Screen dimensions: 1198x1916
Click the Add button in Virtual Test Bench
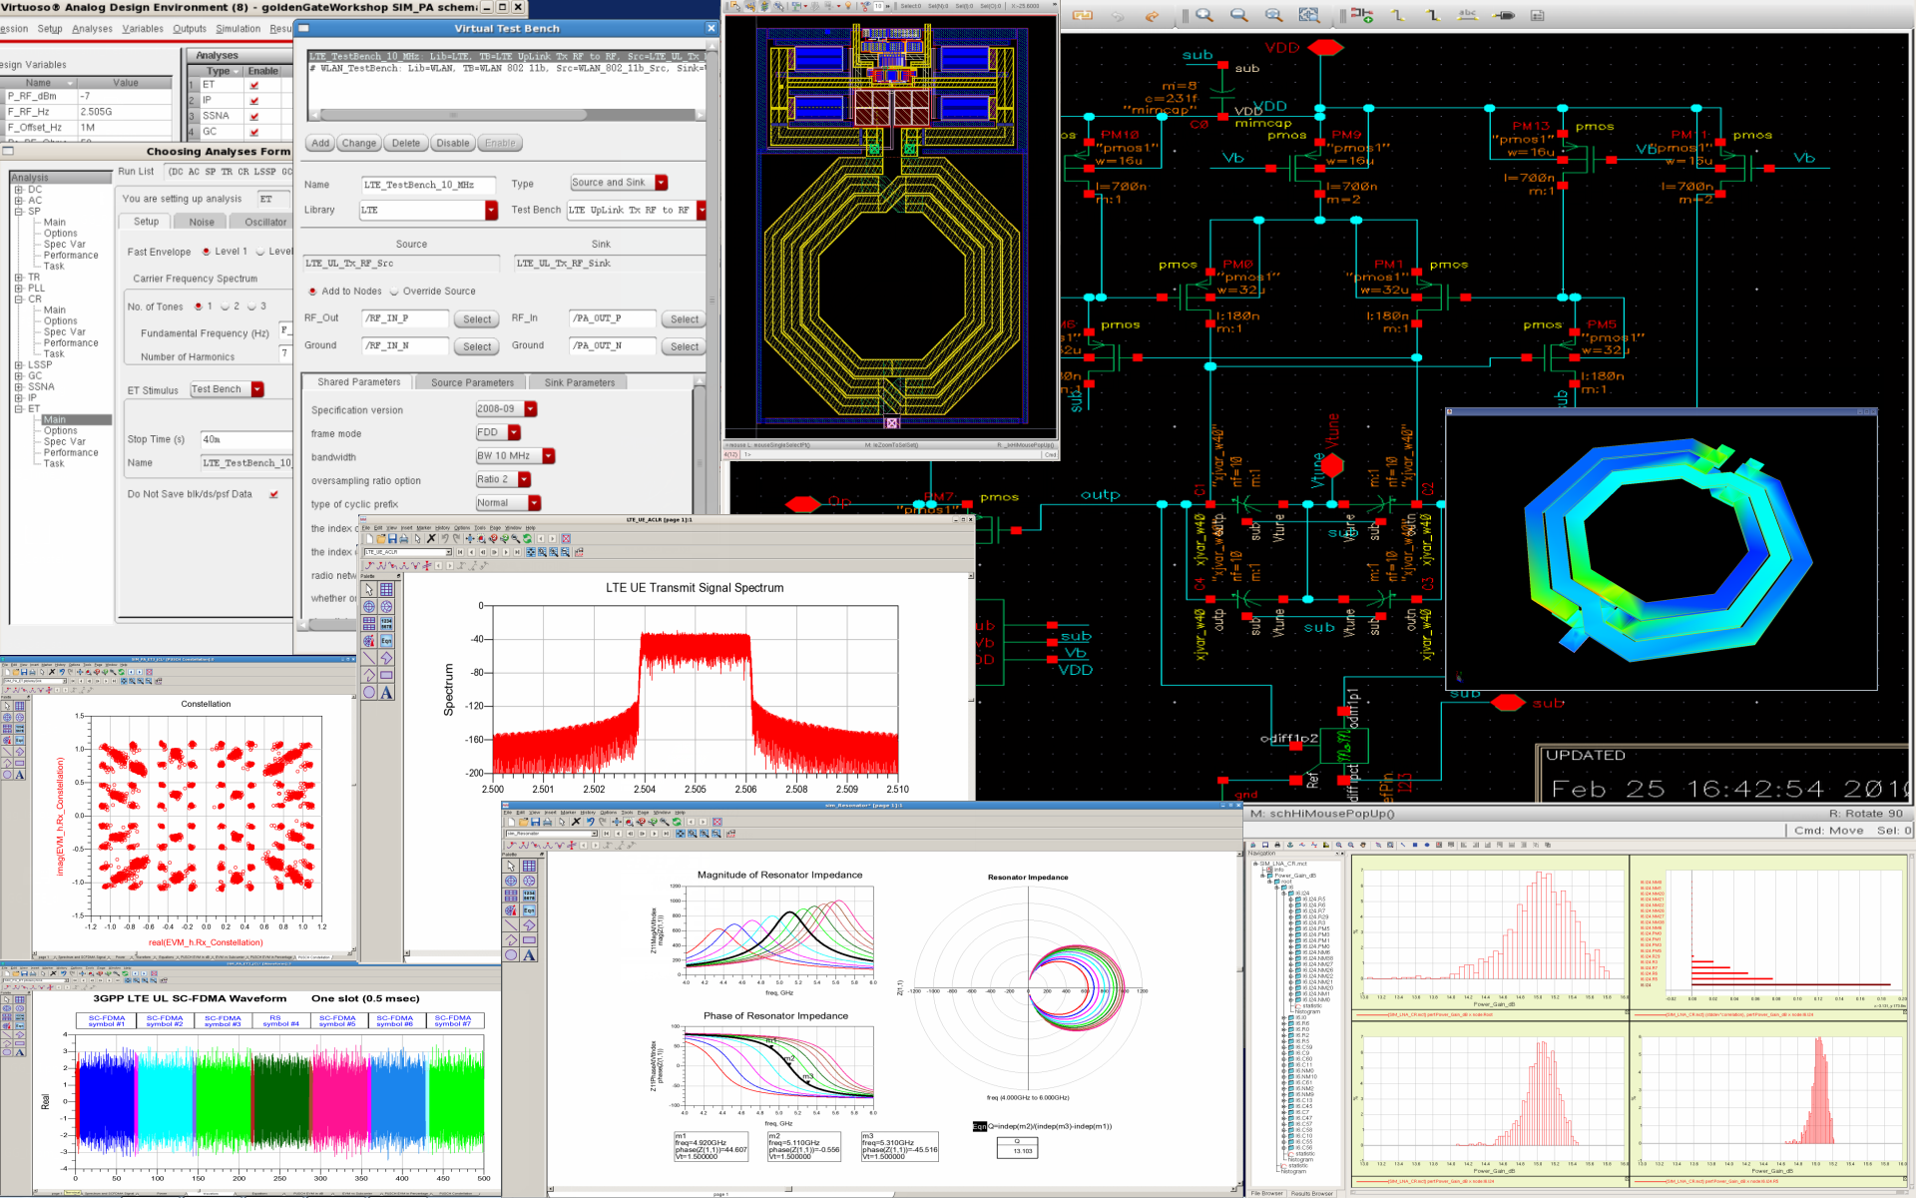pyautogui.click(x=319, y=143)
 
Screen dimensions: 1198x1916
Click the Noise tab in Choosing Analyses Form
pyautogui.click(x=202, y=222)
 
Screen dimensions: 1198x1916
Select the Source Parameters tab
pyautogui.click(x=472, y=382)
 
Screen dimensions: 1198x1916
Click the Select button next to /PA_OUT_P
pyautogui.click(x=684, y=319)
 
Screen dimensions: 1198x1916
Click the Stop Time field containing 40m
pyautogui.click(x=244, y=439)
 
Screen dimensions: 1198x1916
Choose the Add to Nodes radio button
pyautogui.click(x=312, y=292)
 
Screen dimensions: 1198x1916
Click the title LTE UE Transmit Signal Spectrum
pyautogui.click(x=695, y=588)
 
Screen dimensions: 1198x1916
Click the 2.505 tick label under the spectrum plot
pyautogui.click(x=695, y=790)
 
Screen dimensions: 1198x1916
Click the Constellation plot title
pyautogui.click(x=206, y=704)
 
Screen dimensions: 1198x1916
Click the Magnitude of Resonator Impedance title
pyautogui.click(x=779, y=875)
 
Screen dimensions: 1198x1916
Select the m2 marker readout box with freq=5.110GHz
pyautogui.click(x=804, y=1146)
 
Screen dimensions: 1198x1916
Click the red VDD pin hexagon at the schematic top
pyautogui.click(x=1325, y=47)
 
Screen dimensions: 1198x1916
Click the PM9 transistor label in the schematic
pyautogui.click(x=1345, y=134)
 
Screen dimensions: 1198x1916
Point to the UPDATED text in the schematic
pyautogui.click(x=1585, y=756)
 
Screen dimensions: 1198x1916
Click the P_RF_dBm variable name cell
pyautogui.click(x=34, y=97)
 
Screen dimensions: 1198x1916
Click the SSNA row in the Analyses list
pyautogui.click(x=216, y=116)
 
